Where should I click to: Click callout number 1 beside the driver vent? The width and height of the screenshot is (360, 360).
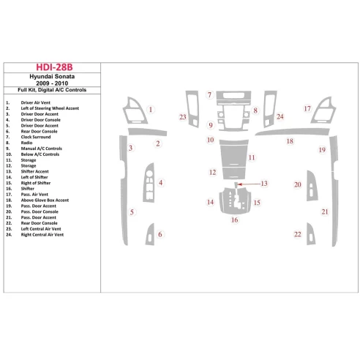151,110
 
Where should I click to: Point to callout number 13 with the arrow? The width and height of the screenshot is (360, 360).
264,184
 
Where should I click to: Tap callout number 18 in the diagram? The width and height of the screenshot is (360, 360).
290,140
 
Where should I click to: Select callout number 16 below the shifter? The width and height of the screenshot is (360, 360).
235,220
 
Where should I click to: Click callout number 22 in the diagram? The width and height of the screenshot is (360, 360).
298,234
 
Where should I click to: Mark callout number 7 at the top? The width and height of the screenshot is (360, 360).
209,96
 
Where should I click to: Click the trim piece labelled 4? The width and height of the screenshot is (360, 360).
149,183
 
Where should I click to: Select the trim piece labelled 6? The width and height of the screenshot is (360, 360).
149,235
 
